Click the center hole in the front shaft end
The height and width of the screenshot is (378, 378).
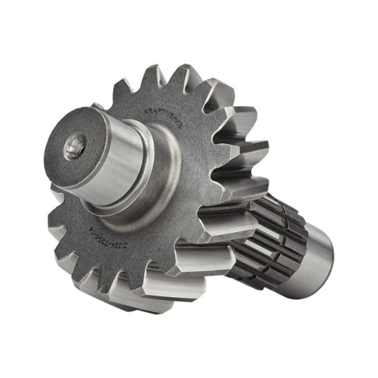tap(75, 148)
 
